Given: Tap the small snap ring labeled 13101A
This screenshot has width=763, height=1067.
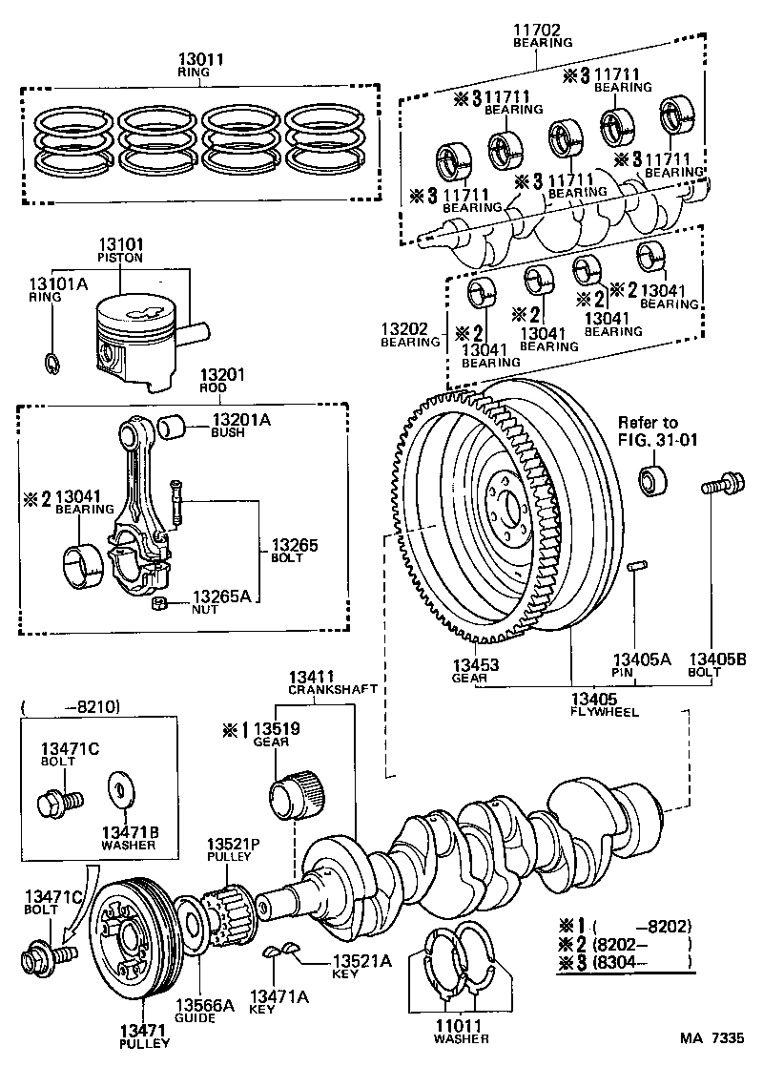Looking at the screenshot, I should [x=53, y=364].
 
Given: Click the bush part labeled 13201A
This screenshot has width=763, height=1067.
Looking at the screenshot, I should [x=174, y=425].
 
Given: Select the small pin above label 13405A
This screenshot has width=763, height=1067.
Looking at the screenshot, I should [x=639, y=569].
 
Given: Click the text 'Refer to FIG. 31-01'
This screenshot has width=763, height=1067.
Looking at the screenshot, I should [x=649, y=430].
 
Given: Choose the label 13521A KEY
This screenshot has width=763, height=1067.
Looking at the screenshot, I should [x=361, y=967].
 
